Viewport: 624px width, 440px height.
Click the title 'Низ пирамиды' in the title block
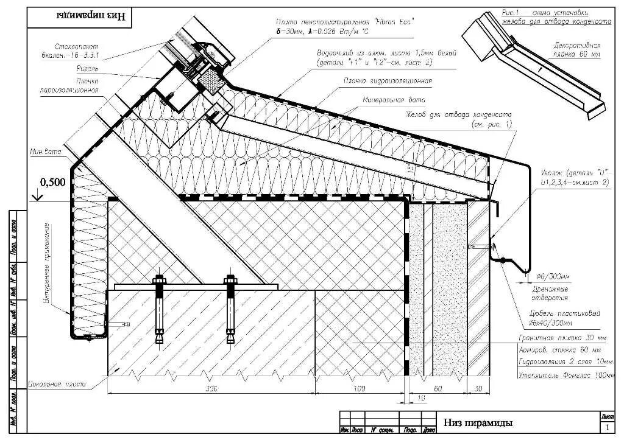click(x=478, y=422)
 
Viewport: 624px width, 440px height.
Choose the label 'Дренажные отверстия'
click(x=547, y=293)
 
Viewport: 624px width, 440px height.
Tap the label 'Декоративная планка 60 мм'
click(x=576, y=50)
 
